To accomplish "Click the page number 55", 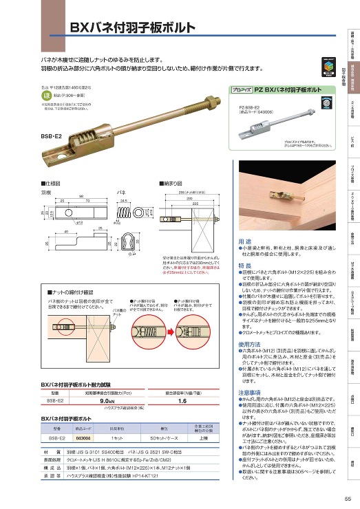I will click(348, 499).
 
